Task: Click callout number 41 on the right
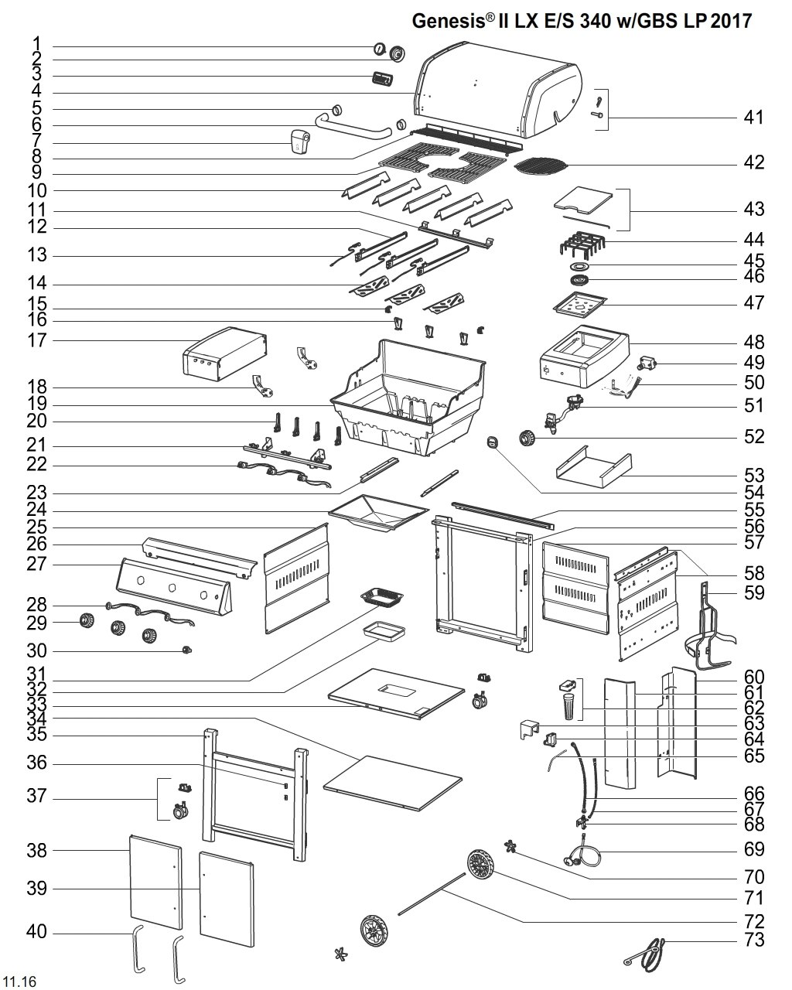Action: [x=753, y=118]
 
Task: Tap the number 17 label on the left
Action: [x=37, y=340]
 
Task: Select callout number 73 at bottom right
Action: [x=753, y=940]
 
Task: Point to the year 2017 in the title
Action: [x=731, y=21]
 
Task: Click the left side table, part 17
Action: [x=224, y=354]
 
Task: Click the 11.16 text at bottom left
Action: [x=20, y=981]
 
